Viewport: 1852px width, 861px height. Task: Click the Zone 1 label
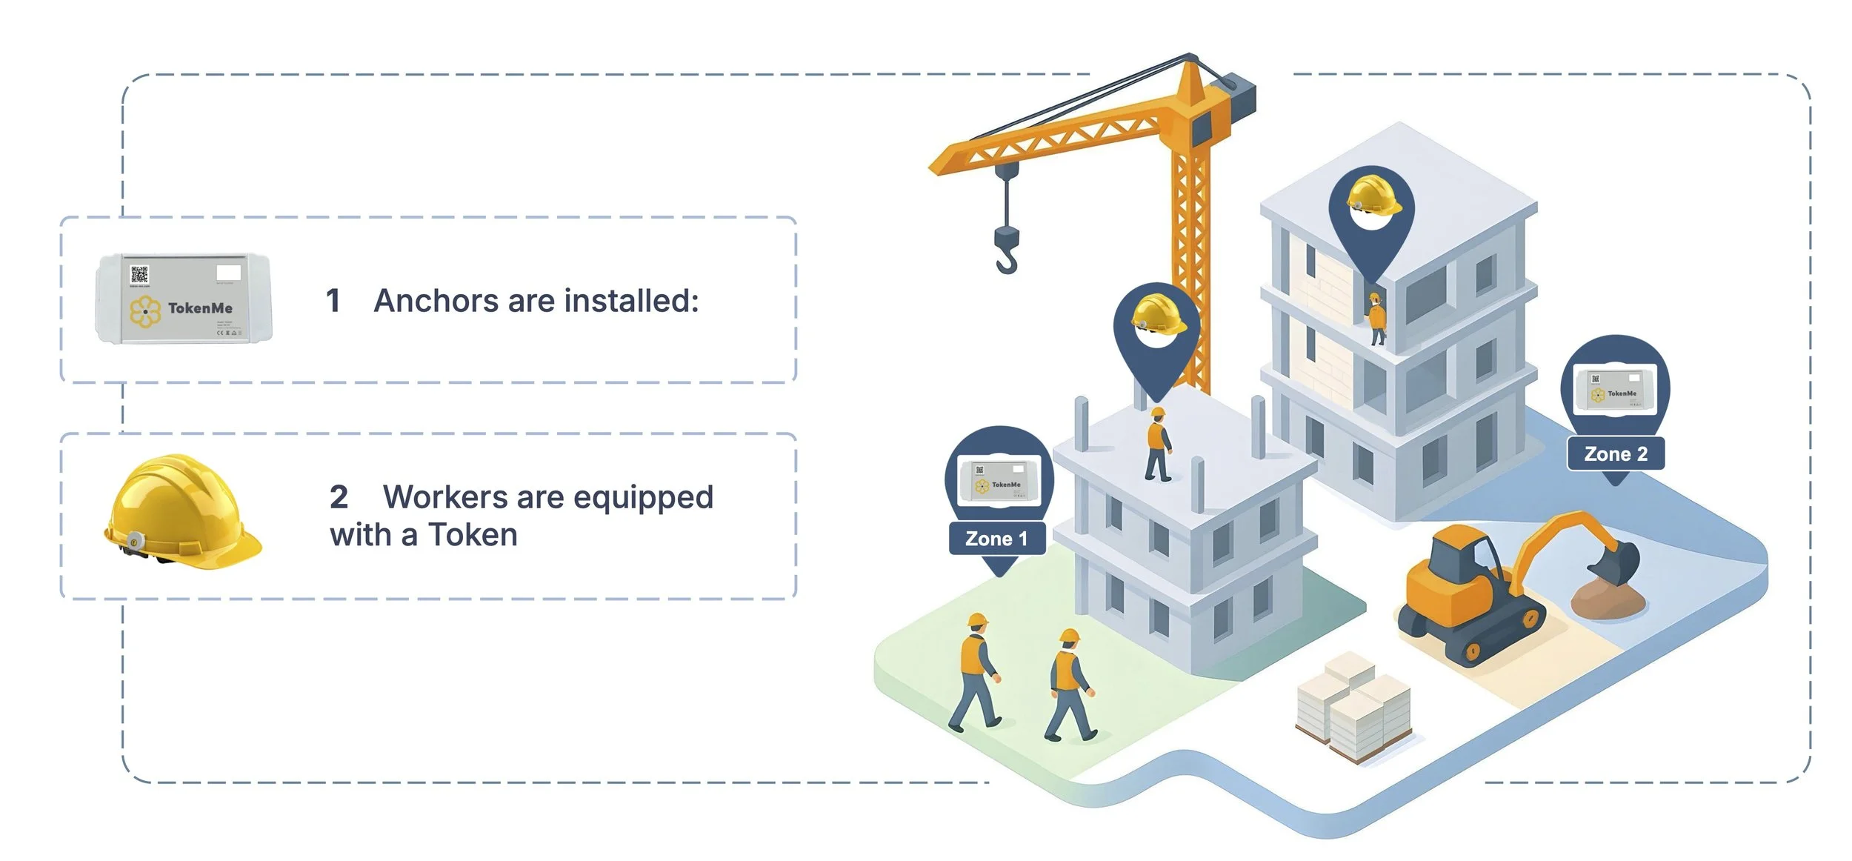click(x=996, y=539)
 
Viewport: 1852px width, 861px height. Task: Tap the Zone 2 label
click(x=1616, y=454)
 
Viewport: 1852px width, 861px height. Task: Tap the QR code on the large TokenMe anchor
click(x=139, y=275)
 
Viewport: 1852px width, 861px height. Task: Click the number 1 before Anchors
click(x=333, y=301)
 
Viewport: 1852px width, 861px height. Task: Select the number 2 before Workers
click(x=339, y=497)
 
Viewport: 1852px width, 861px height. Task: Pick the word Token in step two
click(x=473, y=535)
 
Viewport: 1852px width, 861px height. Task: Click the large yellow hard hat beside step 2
click(x=181, y=513)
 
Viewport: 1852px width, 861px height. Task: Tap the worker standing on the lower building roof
click(x=1158, y=444)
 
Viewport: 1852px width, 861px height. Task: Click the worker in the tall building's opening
click(x=1376, y=319)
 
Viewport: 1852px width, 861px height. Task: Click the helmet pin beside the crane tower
click(x=1156, y=326)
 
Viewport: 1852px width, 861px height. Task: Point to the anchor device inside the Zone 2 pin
click(x=1615, y=389)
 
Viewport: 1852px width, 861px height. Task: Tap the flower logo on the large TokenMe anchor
click(x=145, y=312)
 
